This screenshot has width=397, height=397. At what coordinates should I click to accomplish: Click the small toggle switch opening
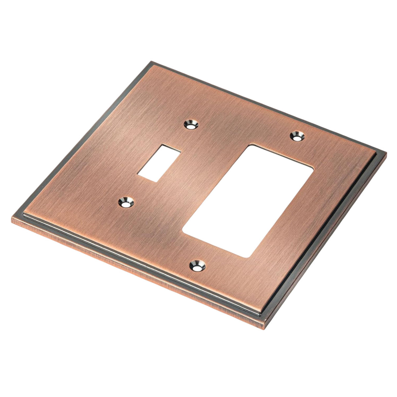pos(159,163)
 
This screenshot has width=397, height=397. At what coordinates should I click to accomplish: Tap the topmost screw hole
pos(191,125)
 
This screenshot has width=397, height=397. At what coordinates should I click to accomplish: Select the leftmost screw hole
pos(125,201)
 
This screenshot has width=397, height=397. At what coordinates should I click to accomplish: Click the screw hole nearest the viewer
pos(197,266)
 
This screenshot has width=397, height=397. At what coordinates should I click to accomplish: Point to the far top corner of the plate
pos(151,62)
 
